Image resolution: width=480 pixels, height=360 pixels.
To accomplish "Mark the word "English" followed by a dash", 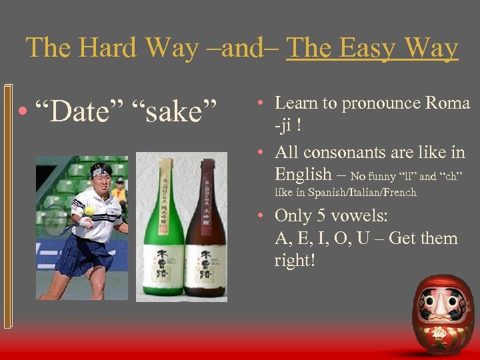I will point(303,174).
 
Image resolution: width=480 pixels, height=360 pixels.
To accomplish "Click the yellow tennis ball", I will point(89,211).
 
